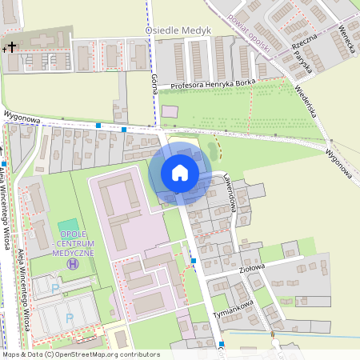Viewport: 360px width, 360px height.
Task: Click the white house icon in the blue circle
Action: (180, 172)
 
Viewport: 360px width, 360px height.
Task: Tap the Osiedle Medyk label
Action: (177, 30)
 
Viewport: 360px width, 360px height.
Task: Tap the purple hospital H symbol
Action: (74, 263)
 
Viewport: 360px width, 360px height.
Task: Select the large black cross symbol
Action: (11, 46)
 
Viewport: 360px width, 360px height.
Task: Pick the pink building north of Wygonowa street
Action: (170, 111)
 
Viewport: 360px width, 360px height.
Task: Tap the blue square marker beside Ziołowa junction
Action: (194, 261)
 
